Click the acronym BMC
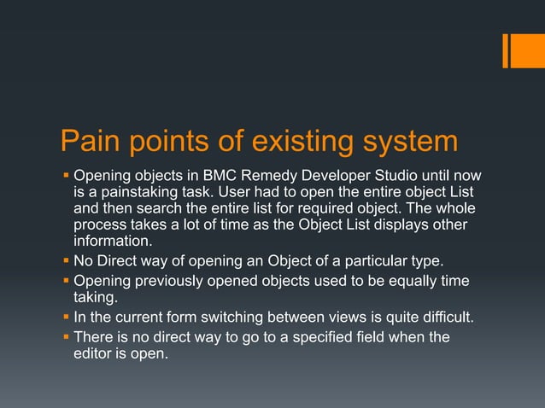coord(215,176)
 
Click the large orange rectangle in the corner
coord(523,50)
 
